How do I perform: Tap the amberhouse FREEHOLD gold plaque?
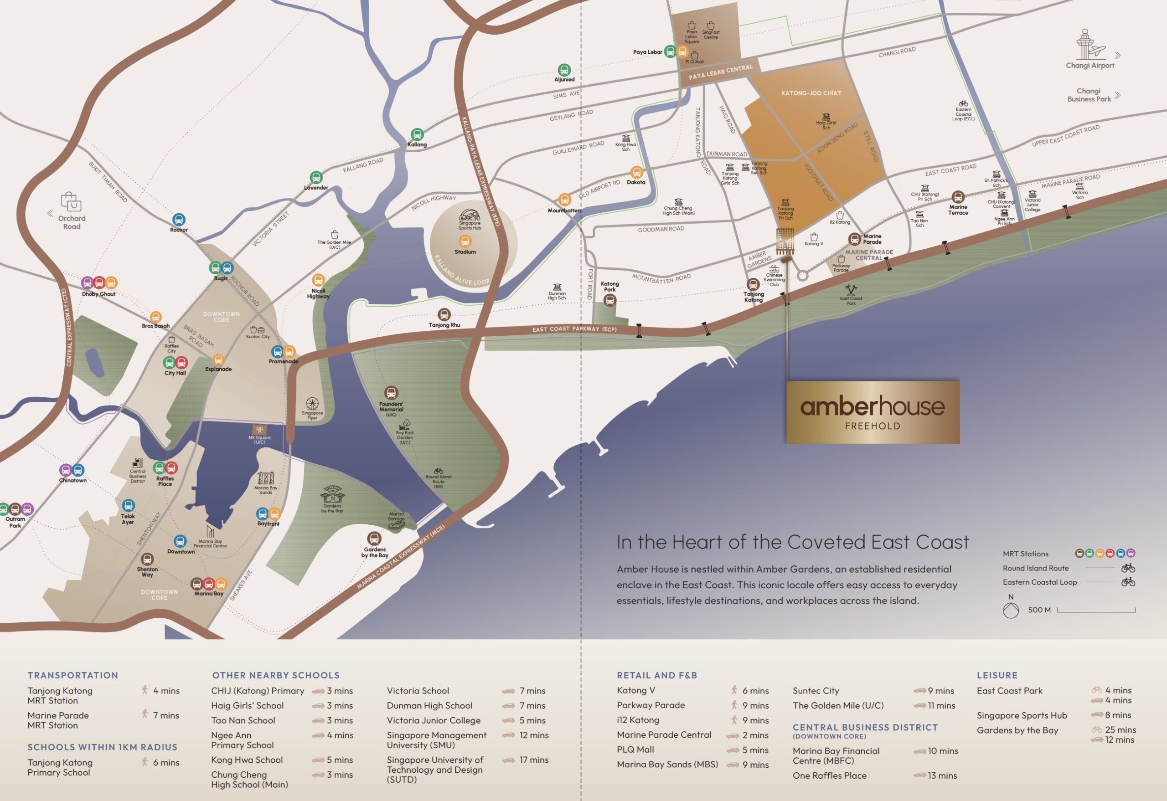[872, 412]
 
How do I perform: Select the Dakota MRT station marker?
[636, 172]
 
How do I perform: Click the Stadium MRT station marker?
[465, 241]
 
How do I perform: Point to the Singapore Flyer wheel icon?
[312, 404]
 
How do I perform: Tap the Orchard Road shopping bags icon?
[71, 202]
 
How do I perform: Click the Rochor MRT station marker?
[179, 220]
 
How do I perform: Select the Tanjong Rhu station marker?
[444, 315]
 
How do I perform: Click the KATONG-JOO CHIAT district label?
[811, 93]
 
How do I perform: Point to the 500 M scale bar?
[1096, 610]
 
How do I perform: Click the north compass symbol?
[1010, 610]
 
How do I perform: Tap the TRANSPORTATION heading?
[73, 675]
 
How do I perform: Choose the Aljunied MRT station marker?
[564, 70]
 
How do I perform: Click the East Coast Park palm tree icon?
[851, 290]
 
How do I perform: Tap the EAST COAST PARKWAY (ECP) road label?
[574, 329]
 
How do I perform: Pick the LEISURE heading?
[997, 675]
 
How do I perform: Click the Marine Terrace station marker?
[958, 197]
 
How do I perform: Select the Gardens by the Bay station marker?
[374, 539]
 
